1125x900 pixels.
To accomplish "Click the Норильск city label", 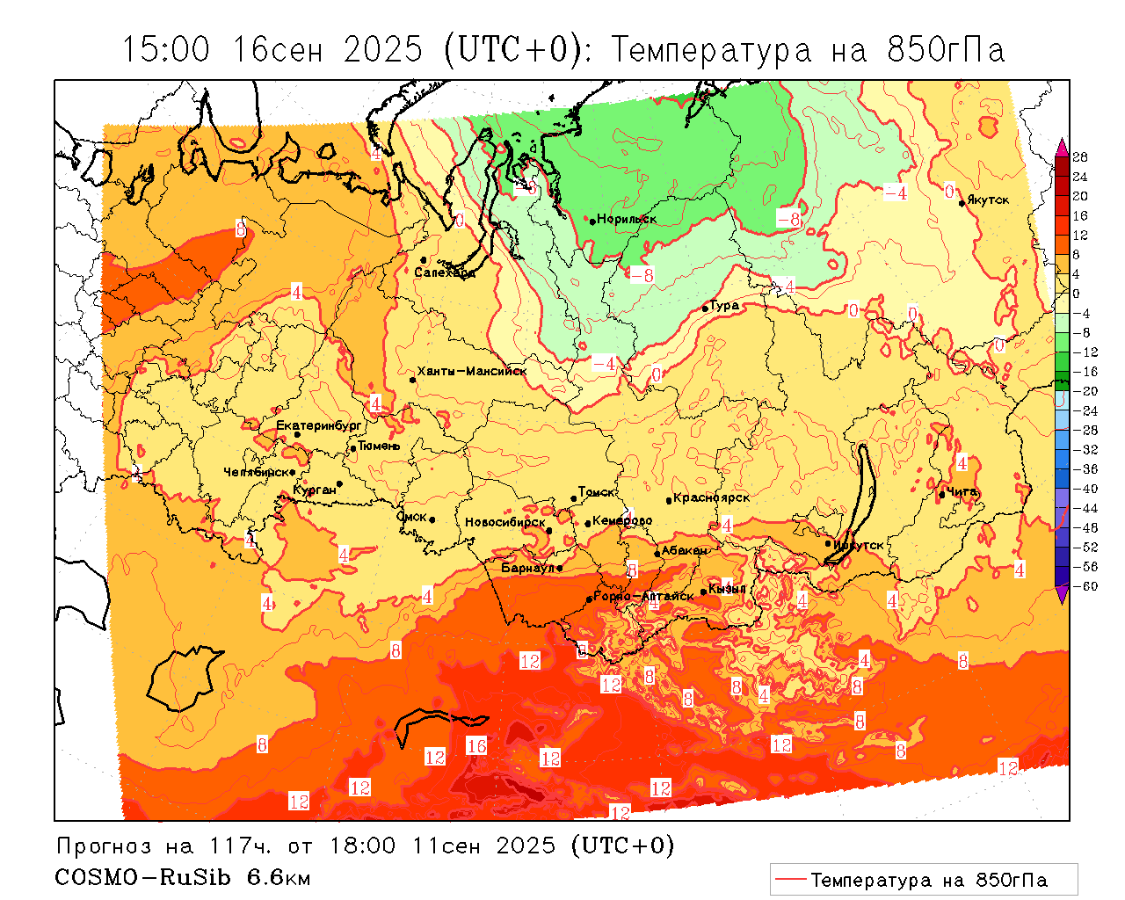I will point(627,219).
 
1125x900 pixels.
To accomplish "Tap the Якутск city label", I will point(990,200).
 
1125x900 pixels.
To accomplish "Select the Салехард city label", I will point(445,272).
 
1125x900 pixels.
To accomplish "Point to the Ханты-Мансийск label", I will point(472,372).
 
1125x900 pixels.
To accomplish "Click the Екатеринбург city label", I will point(319,425).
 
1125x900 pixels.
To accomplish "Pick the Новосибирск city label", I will point(505,522).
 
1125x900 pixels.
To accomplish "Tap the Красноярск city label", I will point(711,497).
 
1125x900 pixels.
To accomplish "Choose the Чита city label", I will point(962,491).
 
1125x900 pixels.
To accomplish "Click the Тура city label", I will point(724,306).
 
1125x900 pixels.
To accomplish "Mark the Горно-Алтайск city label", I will point(643,596).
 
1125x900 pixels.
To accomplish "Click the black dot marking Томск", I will point(574,498).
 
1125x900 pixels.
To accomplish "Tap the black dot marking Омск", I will point(432,520).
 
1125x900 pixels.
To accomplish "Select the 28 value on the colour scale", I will point(1080,157).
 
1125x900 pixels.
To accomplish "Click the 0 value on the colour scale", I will point(1077,294).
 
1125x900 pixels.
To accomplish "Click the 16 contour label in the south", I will point(476,746).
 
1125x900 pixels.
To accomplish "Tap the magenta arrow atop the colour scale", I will point(1062,145).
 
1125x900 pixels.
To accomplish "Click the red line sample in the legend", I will point(790,880).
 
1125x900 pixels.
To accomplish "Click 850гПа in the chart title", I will point(946,50).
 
